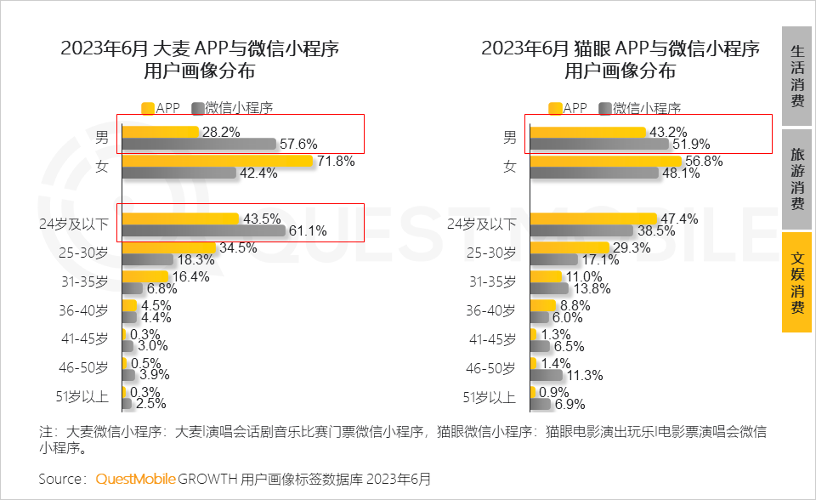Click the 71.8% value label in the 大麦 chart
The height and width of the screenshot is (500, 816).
pos(335,161)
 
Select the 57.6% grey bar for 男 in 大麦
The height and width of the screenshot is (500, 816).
pos(200,145)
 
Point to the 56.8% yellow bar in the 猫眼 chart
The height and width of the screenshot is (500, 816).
pos(605,161)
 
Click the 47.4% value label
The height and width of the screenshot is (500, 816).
pos(680,219)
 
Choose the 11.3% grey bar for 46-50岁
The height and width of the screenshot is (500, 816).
pos(546,374)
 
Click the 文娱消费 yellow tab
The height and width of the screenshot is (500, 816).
pos(797,282)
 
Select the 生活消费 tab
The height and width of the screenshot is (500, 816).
pos(797,77)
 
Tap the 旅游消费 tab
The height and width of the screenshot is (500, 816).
pos(797,179)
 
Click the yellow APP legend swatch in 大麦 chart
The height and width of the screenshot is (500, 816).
pos(147,108)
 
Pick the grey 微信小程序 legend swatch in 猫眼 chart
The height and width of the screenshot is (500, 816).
pos(605,108)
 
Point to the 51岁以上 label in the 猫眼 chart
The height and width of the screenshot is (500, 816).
pos(490,397)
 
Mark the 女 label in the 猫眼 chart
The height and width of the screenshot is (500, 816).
pos(510,167)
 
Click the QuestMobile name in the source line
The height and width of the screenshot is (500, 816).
pos(136,479)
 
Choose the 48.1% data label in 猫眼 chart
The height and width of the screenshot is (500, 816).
pos(681,173)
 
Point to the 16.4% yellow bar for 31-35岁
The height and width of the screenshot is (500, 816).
pos(144,276)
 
